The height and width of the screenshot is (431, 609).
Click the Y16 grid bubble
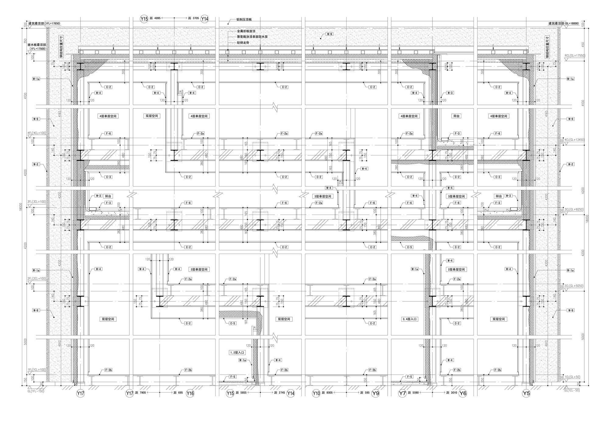pyautogui.click(x=190, y=394)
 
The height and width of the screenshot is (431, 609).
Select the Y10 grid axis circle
pyautogui.click(x=316, y=394)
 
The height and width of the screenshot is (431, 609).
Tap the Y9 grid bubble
pyautogui.click(x=376, y=394)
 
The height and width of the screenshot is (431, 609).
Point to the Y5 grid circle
pyautogui.click(x=526, y=394)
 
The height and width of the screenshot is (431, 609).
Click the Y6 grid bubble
pyautogui.click(x=463, y=394)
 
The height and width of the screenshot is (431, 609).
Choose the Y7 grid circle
pyautogui.click(x=403, y=394)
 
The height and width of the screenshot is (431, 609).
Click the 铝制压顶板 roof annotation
pyautogui.click(x=244, y=20)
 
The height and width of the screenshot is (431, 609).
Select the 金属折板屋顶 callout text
pyautogui.click(x=246, y=31)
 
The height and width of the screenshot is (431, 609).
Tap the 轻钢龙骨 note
pyautogui.click(x=243, y=43)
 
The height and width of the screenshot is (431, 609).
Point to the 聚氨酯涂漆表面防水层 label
pyautogui.click(x=252, y=37)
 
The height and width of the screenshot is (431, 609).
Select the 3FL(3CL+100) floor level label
pyautogui.click(x=37, y=201)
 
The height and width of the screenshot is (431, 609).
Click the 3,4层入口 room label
pyautogui.click(x=409, y=319)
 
